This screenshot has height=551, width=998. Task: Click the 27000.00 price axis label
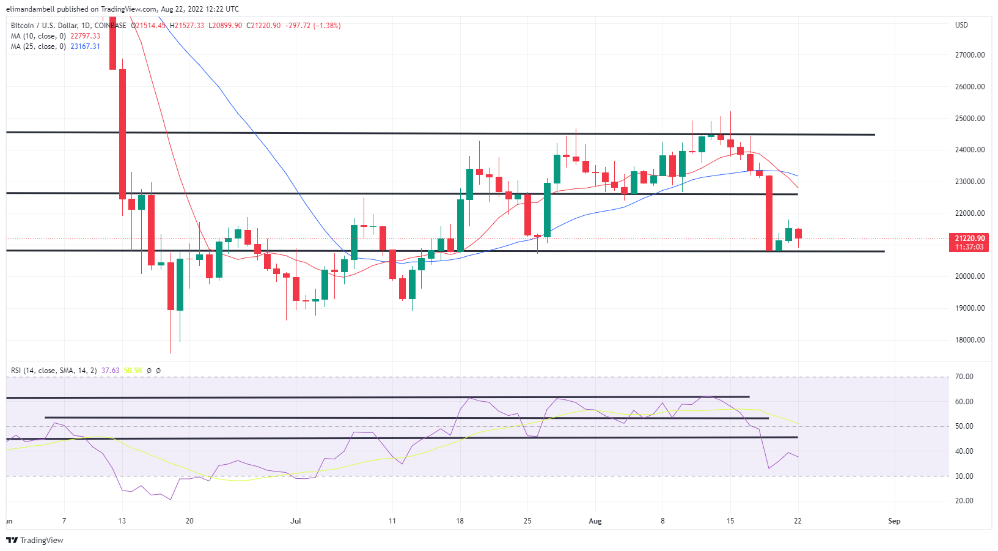click(x=969, y=55)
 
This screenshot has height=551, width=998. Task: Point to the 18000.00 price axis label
click(x=969, y=340)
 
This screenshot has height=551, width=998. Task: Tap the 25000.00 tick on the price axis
click(x=969, y=119)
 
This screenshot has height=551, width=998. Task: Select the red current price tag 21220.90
click(x=969, y=239)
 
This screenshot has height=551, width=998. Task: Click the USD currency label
click(x=961, y=25)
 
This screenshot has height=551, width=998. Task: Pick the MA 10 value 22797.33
click(x=85, y=36)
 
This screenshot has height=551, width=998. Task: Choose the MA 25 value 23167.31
click(x=85, y=46)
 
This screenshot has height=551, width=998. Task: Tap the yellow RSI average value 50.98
click(x=133, y=371)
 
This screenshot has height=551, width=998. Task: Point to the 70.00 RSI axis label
click(x=964, y=377)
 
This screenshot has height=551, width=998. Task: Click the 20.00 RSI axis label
click(x=964, y=501)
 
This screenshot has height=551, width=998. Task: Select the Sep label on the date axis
click(x=894, y=521)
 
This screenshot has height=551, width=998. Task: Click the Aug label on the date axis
click(x=595, y=521)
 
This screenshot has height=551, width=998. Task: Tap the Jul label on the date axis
click(x=296, y=521)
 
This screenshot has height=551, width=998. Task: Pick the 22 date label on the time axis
click(x=798, y=521)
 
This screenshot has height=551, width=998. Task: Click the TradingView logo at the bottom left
click(x=35, y=540)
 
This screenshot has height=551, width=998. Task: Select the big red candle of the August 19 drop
click(x=769, y=213)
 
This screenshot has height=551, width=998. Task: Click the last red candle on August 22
click(x=798, y=234)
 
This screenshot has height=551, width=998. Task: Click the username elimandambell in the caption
click(x=30, y=9)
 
